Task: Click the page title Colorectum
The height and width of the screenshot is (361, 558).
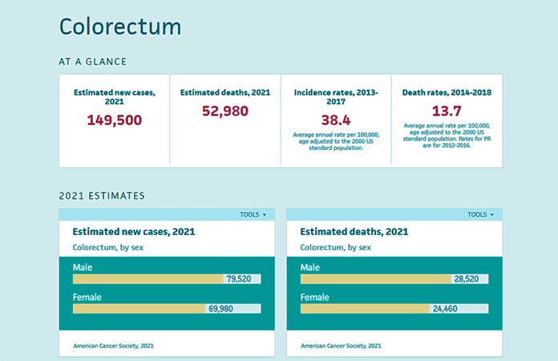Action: point(120,26)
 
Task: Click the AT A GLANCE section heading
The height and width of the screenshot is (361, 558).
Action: point(92,61)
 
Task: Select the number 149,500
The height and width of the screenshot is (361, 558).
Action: point(114,120)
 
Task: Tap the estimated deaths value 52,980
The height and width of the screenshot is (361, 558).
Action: point(224,112)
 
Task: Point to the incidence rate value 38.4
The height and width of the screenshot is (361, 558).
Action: point(336,120)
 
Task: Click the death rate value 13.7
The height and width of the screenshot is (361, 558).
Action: point(447,111)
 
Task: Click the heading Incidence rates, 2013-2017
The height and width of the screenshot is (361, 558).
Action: point(336,97)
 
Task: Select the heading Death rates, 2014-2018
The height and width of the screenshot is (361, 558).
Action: point(447,92)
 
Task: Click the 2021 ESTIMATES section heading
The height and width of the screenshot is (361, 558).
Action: point(102,196)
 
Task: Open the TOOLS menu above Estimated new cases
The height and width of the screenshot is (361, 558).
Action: point(253,214)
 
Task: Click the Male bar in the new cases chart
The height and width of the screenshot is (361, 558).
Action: point(148,279)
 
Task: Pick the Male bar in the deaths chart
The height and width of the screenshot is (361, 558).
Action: point(375,279)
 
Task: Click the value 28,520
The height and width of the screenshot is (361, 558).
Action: point(467,279)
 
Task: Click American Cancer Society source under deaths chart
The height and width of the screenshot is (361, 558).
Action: point(341,346)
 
